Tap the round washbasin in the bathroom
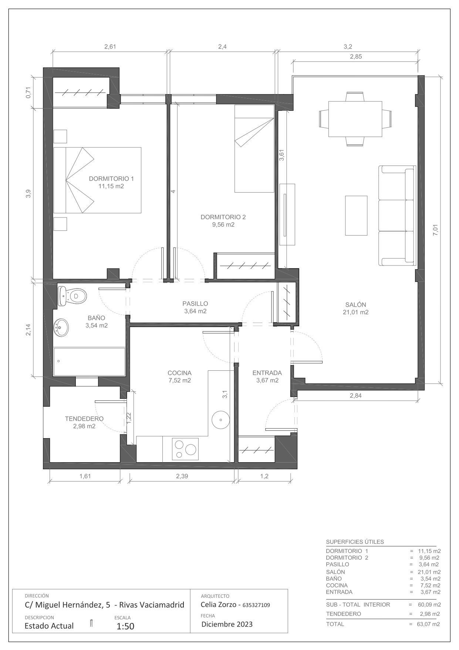coord(61,327)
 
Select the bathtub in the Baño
coord(90,362)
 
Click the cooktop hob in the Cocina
coord(185,449)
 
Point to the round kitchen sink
coord(221,420)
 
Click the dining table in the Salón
coord(355,119)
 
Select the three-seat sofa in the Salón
coord(397,216)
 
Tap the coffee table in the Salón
coord(356,216)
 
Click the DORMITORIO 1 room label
coord(111,179)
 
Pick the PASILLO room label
coord(195,304)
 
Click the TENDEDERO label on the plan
coord(84,419)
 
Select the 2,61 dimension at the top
coord(110,47)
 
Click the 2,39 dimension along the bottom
coord(182,476)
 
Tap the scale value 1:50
coord(125,626)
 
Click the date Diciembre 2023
coord(227,624)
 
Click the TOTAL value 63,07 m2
coord(429,624)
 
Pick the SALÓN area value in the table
coord(429,572)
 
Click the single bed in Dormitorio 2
coord(254,149)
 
